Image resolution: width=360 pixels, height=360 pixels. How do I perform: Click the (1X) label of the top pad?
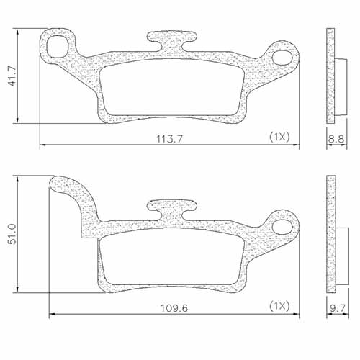point(279,136)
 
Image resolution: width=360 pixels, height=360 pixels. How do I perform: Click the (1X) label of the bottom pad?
point(279,306)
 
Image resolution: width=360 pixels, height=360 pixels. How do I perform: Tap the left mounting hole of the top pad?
point(56,45)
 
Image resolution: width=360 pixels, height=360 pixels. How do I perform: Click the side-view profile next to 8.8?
point(331,76)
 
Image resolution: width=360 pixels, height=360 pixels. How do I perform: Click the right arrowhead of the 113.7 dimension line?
point(297,145)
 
